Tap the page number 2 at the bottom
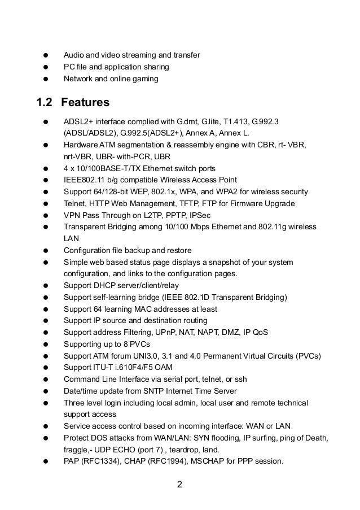tap(179, 484)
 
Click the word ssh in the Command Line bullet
tap(240, 379)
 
